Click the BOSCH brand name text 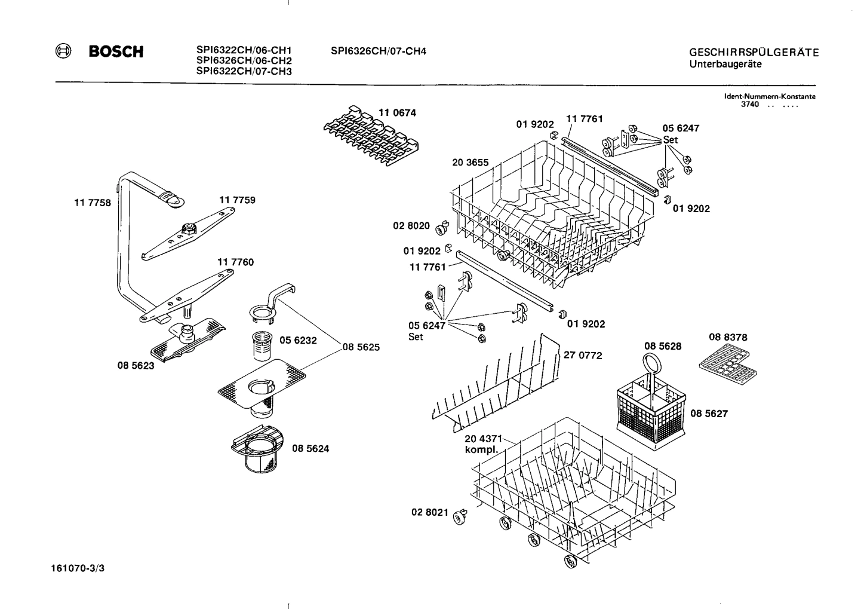pyautogui.click(x=116, y=52)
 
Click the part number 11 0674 pyautogui.click(x=397, y=112)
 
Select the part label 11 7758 pyautogui.click(x=93, y=203)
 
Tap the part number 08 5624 pyautogui.click(x=310, y=448)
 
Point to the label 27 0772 pyautogui.click(x=583, y=355)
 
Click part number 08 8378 pyautogui.click(x=728, y=337)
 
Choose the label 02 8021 pyautogui.click(x=429, y=512)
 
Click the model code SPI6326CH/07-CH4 pyautogui.click(x=379, y=51)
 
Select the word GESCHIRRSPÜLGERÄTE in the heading pyautogui.click(x=754, y=53)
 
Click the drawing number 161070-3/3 pyautogui.click(x=78, y=568)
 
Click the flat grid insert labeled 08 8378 pyautogui.click(x=728, y=365)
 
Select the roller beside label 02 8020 pyautogui.click(x=442, y=227)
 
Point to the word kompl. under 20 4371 pyautogui.click(x=481, y=450)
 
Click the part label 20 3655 pyautogui.click(x=471, y=162)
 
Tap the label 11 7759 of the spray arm pyautogui.click(x=237, y=200)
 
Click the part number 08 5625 pyautogui.click(x=361, y=347)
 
